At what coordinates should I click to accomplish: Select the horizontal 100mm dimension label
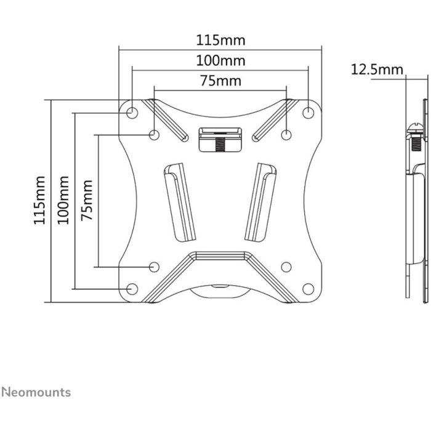(x=220, y=61)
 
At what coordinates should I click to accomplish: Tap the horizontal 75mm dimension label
(x=220, y=81)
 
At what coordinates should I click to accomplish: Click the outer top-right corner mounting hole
(x=309, y=113)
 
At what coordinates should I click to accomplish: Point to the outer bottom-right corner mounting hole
(x=309, y=289)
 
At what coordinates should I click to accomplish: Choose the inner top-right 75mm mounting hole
(x=286, y=134)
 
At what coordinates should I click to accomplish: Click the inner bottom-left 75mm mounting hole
(x=154, y=267)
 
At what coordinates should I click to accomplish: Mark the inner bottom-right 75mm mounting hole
(x=286, y=267)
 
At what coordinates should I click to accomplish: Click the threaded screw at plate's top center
(x=220, y=143)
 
